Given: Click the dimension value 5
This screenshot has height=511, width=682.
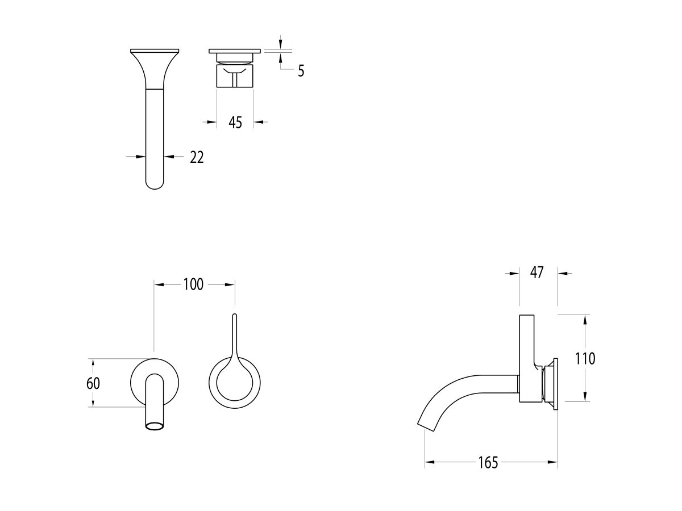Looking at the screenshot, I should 301,71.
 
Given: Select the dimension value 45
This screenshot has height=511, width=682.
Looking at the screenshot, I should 235,122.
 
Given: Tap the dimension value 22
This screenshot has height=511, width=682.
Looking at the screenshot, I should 197,157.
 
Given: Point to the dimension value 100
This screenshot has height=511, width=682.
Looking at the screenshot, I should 193,284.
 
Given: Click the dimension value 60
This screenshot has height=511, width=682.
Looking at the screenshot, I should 93,383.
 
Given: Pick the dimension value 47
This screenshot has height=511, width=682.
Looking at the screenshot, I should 538,273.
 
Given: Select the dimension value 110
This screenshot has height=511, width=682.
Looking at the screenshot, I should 585,359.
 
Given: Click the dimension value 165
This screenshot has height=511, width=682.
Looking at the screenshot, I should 488,463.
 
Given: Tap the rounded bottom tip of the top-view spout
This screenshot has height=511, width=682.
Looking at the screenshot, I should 155,185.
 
